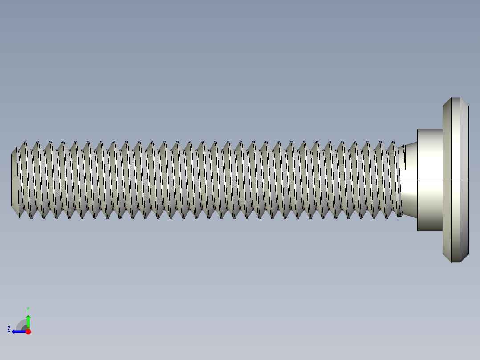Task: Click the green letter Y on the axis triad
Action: [28, 309]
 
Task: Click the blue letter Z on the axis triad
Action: [9, 329]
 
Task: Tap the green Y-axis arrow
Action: [28, 320]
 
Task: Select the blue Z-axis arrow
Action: [18, 331]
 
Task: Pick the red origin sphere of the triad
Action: [28, 331]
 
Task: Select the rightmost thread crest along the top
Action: [392, 143]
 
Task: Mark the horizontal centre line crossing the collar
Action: [430, 180]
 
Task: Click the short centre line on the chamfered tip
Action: [14, 180]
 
